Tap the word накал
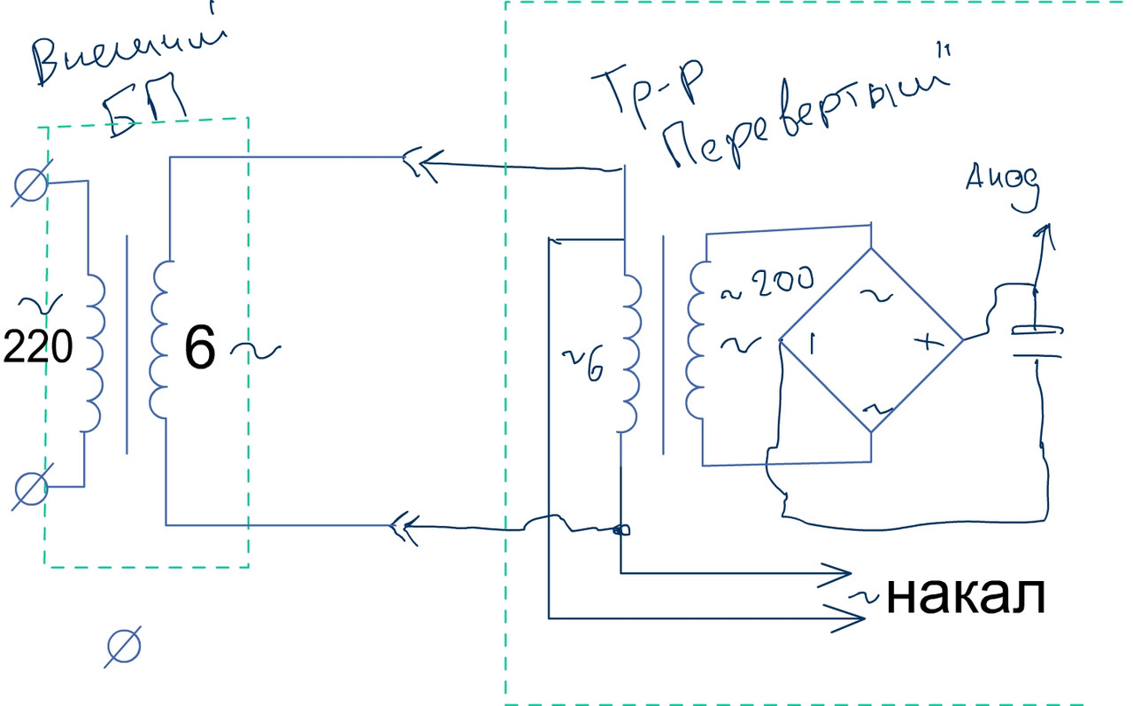pos(966,597)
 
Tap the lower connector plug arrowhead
pos(403,527)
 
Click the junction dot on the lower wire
pos(620,531)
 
